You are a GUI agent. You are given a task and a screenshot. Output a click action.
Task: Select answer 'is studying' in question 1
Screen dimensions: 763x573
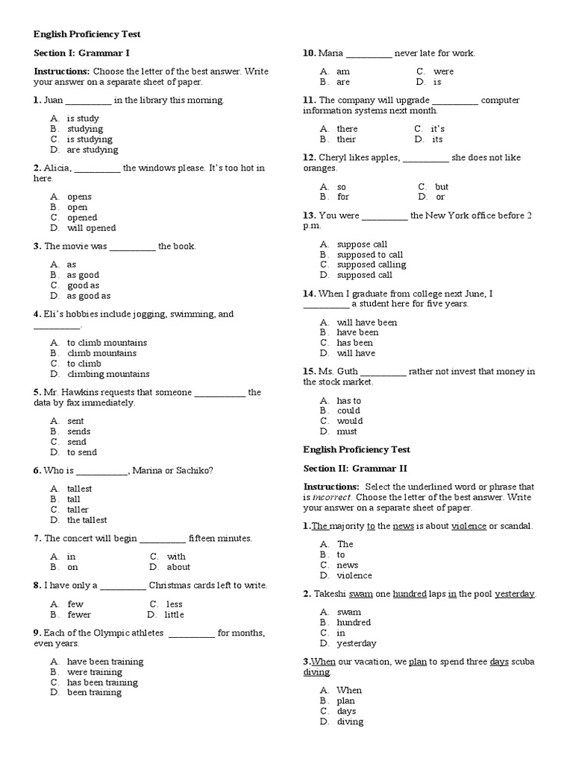pyautogui.click(x=89, y=139)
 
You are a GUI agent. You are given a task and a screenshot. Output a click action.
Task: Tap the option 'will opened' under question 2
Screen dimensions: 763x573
pyautogui.click(x=91, y=228)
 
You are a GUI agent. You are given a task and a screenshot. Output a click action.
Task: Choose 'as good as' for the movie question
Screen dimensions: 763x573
pyautogui.click(x=88, y=296)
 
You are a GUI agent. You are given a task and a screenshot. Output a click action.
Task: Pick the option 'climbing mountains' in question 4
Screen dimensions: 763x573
pyautogui.click(x=107, y=374)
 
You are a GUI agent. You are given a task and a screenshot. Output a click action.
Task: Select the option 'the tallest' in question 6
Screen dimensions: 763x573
pyautogui.click(x=87, y=520)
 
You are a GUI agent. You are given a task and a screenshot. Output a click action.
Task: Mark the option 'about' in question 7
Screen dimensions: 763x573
pyautogui.click(x=178, y=567)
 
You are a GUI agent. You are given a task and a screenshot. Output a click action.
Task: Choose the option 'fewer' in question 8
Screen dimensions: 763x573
pyautogui.click(x=78, y=615)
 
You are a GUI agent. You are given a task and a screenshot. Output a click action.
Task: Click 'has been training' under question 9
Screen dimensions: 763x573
pyautogui.click(x=101, y=682)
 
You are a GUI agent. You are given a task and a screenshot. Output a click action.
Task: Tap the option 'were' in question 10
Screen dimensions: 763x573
pyautogui.click(x=443, y=72)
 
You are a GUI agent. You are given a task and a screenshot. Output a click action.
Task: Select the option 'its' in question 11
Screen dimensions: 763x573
pyautogui.click(x=437, y=139)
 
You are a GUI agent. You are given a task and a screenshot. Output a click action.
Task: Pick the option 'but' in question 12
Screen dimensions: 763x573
pyautogui.click(x=442, y=187)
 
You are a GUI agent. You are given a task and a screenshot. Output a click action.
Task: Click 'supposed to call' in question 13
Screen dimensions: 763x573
pyautogui.click(x=369, y=254)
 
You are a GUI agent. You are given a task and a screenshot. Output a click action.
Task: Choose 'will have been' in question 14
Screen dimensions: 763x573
pyautogui.click(x=366, y=323)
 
